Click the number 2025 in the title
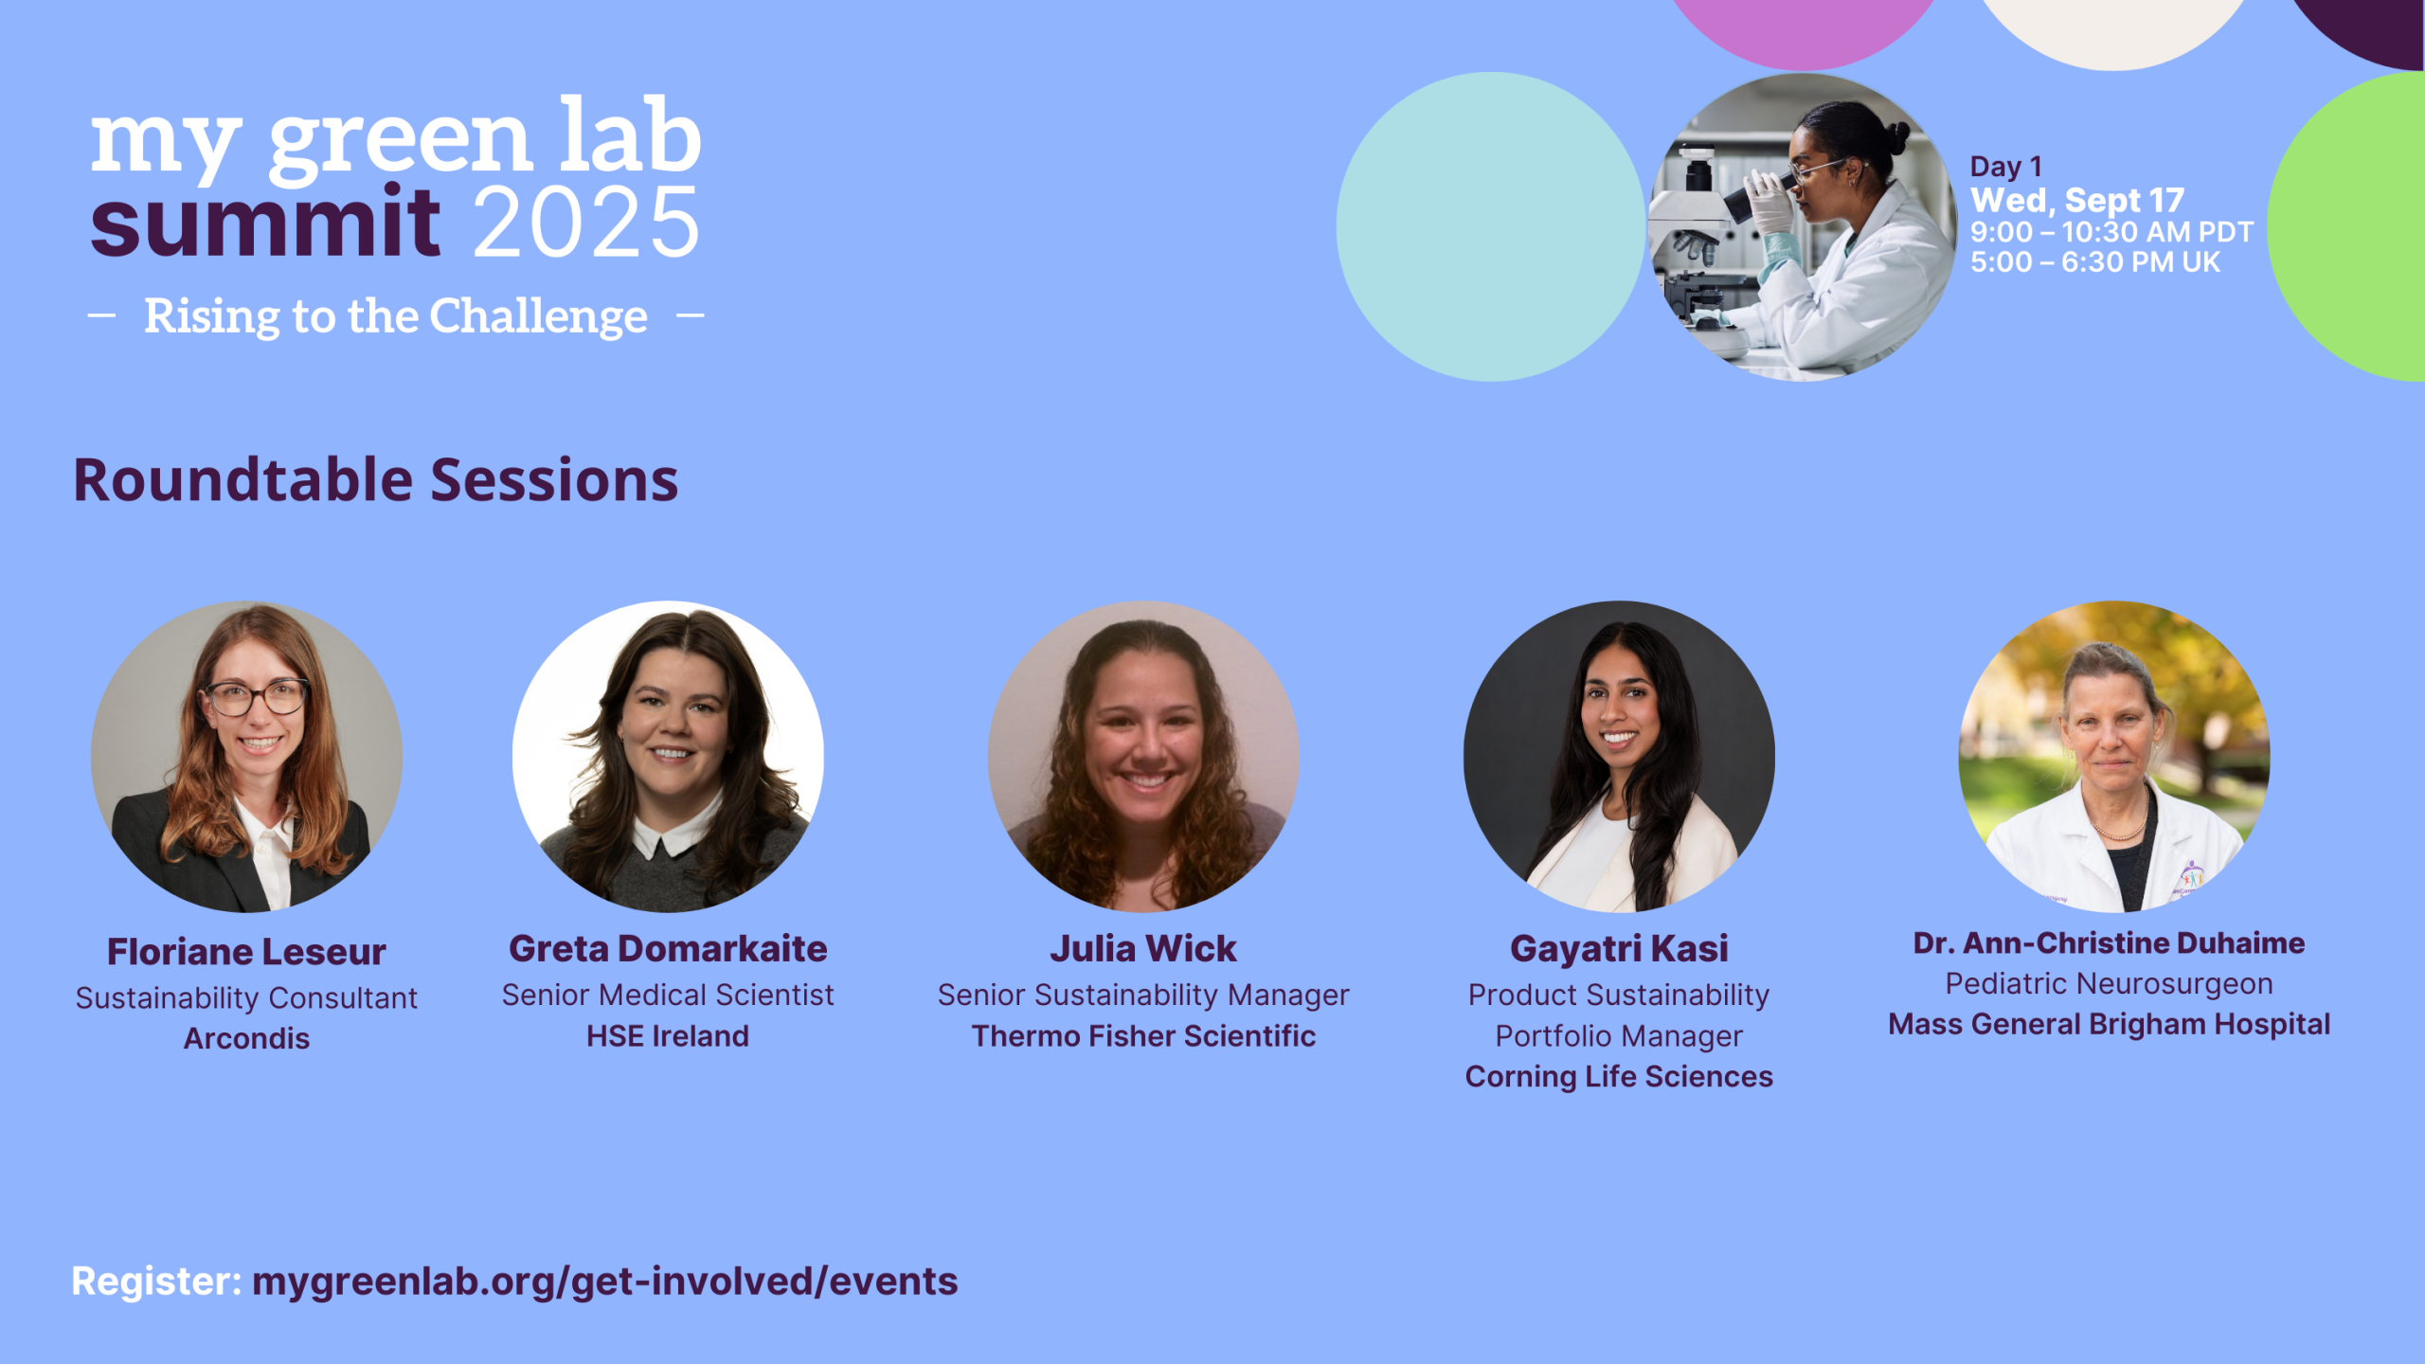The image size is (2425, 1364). pyautogui.click(x=586, y=222)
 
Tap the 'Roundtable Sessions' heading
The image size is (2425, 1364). pyautogui.click(x=376, y=479)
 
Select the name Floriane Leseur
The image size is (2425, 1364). pyautogui.click(x=246, y=951)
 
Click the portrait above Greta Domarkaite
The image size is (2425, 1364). pyautogui.click(x=668, y=757)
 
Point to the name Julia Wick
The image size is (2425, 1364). pyautogui.click(x=1143, y=948)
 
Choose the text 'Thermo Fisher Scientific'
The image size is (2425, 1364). pyautogui.click(x=1143, y=1035)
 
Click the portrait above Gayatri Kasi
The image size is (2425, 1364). pyautogui.click(x=1619, y=757)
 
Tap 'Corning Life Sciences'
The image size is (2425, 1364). pyautogui.click(x=1619, y=1076)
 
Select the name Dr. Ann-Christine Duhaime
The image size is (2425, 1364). pyautogui.click(x=2109, y=942)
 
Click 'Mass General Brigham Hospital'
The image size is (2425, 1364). pyautogui.click(x=2109, y=1024)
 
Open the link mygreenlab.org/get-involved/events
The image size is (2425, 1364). pyautogui.click(x=605, y=1281)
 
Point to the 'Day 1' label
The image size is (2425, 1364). pyautogui.click(x=2005, y=167)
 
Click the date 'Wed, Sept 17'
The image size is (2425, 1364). pyautogui.click(x=2077, y=200)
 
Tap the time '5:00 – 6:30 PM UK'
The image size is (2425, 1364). pyautogui.click(x=2095, y=261)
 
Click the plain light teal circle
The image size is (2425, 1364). pyautogui.click(x=1491, y=227)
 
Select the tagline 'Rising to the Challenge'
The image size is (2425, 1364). pyautogui.click(x=396, y=315)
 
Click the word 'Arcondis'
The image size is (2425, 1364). pyautogui.click(x=246, y=1038)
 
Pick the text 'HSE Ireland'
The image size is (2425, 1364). pyautogui.click(x=668, y=1035)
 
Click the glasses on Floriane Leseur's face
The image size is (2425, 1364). pyautogui.click(x=257, y=699)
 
